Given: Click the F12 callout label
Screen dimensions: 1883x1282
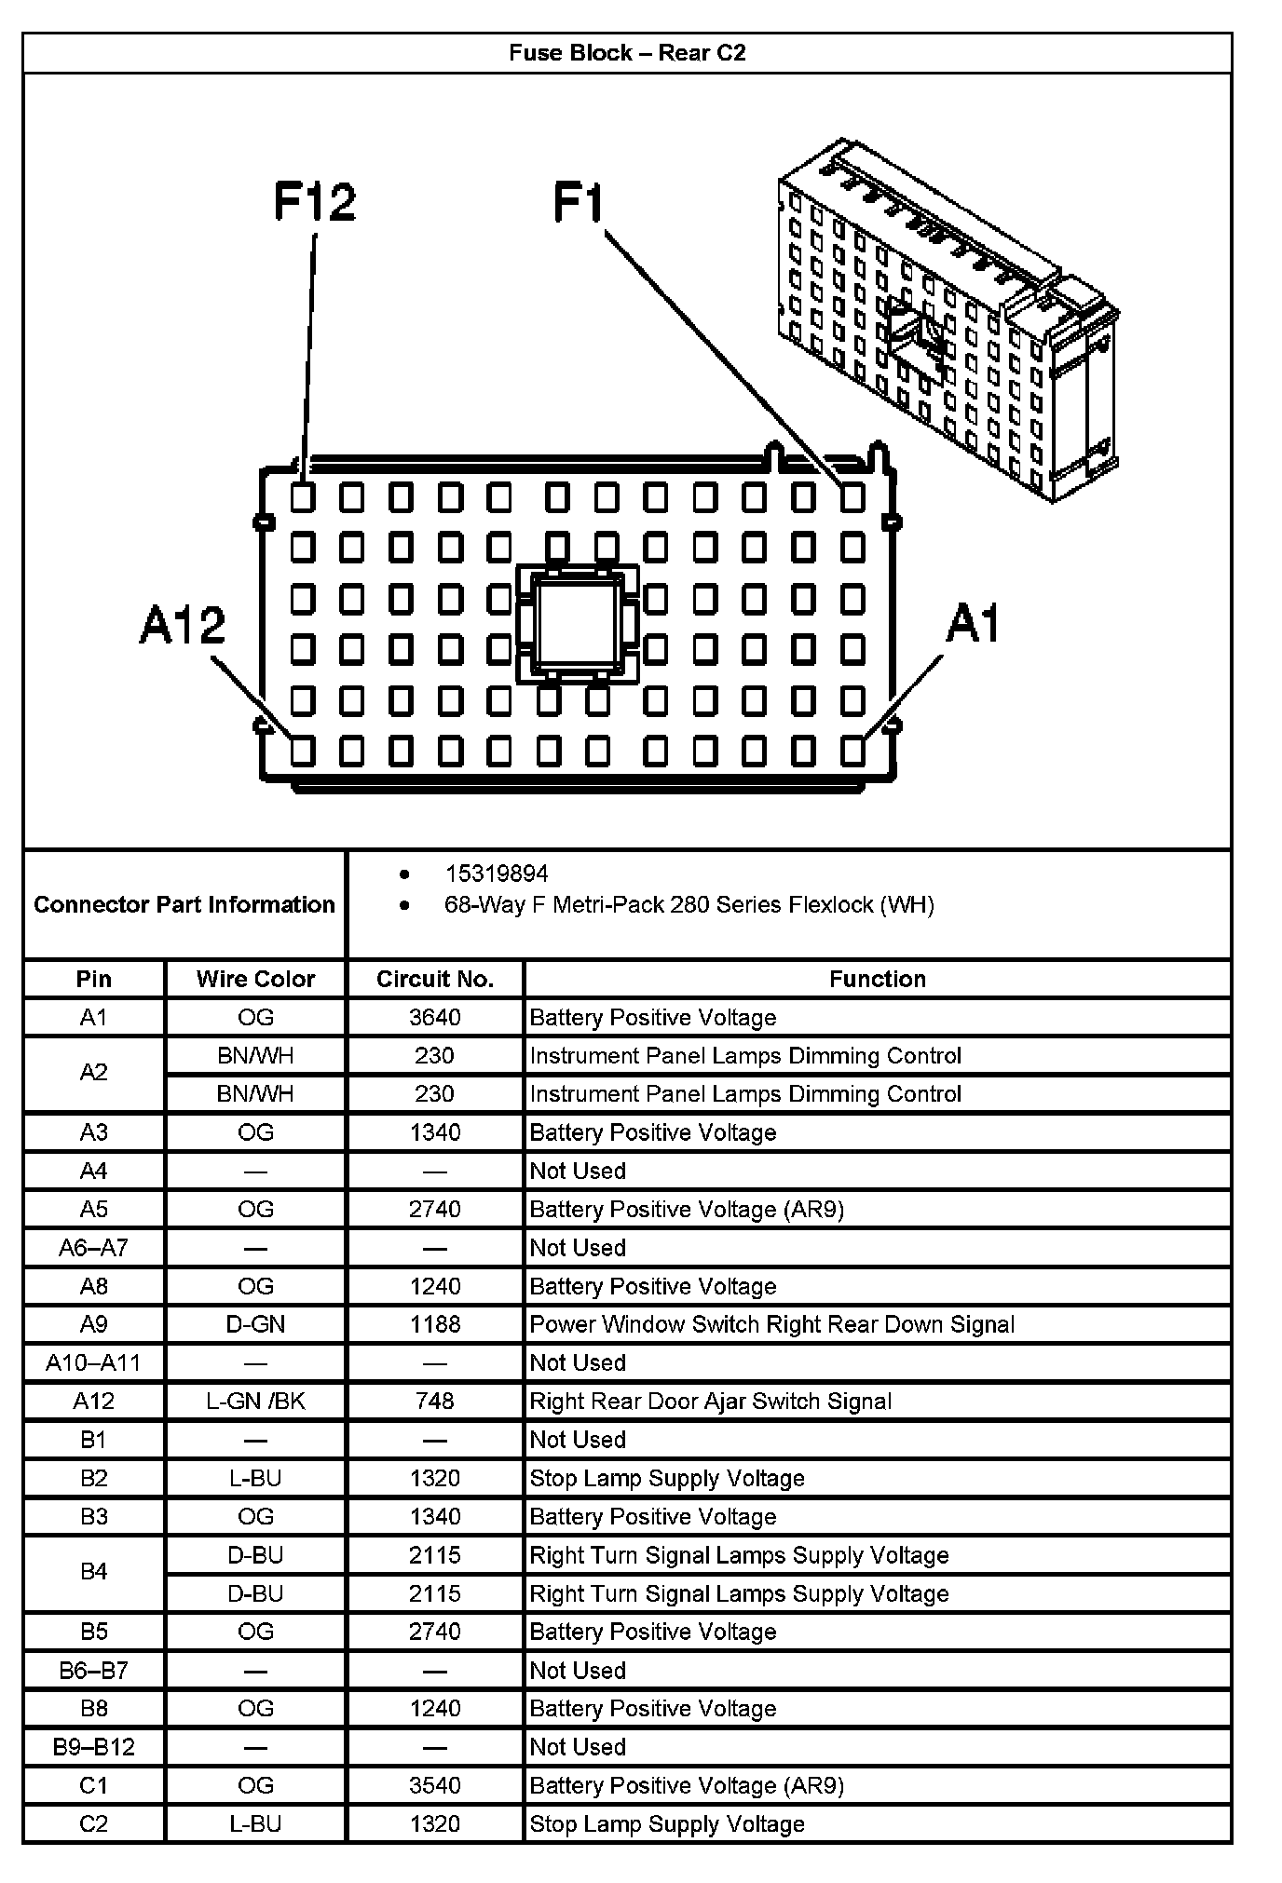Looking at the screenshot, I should tap(314, 202).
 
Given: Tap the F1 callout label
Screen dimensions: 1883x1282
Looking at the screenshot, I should tap(579, 202).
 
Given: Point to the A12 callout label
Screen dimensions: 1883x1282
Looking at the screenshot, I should tap(183, 624).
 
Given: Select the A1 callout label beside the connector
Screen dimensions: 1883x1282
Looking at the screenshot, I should tap(973, 623).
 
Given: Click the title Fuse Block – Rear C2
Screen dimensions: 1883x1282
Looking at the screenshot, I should tap(627, 53).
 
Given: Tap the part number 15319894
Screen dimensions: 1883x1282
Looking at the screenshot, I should tap(497, 874).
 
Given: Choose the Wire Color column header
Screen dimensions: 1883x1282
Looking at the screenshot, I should tap(255, 979).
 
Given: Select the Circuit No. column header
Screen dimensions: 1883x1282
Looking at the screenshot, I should tap(434, 979).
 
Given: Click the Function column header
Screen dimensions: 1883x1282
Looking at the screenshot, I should tap(878, 979).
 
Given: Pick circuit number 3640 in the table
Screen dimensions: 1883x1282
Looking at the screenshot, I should tap(434, 1017).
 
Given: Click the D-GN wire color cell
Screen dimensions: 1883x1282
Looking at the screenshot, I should tap(255, 1324).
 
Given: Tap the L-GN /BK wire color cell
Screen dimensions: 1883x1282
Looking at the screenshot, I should tap(255, 1401).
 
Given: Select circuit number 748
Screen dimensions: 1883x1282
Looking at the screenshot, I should tap(434, 1401).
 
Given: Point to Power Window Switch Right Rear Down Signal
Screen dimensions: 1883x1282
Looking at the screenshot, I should tap(771, 1324).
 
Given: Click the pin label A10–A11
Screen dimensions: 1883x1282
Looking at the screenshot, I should tap(93, 1362).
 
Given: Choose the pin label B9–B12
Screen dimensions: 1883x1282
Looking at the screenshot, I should tap(93, 1746).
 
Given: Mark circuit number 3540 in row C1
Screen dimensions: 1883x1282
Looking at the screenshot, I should tap(434, 1785).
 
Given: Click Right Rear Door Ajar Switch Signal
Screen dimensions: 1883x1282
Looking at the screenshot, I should tap(710, 1401).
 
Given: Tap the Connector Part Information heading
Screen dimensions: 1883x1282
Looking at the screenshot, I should tap(184, 904).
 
